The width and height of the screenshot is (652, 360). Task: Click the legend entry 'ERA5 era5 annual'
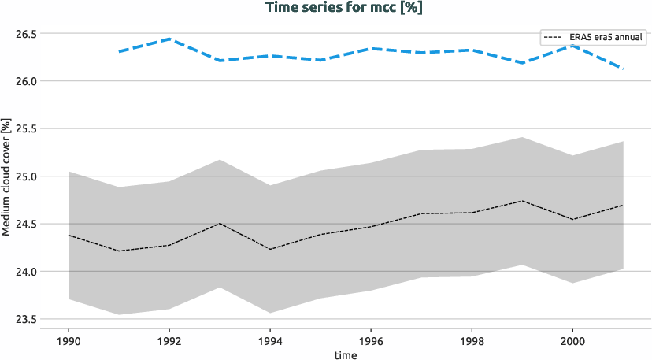[x=593, y=36]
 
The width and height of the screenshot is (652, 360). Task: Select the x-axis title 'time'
[x=345, y=355]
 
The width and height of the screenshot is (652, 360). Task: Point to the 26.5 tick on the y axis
[x=27, y=34]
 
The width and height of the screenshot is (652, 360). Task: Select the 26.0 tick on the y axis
[x=27, y=81]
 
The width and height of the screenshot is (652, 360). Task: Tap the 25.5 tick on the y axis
[x=27, y=129]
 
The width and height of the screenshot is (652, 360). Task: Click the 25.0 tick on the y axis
[x=27, y=176]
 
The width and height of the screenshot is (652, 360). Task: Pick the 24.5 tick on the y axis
[x=27, y=225]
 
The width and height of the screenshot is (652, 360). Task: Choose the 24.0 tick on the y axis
[x=27, y=272]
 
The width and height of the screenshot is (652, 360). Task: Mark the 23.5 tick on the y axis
[x=27, y=319]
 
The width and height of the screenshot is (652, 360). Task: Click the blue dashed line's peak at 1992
[x=169, y=39]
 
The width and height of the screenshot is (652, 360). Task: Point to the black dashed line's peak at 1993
[x=220, y=223]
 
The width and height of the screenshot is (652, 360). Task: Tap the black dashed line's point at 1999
[x=522, y=201]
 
